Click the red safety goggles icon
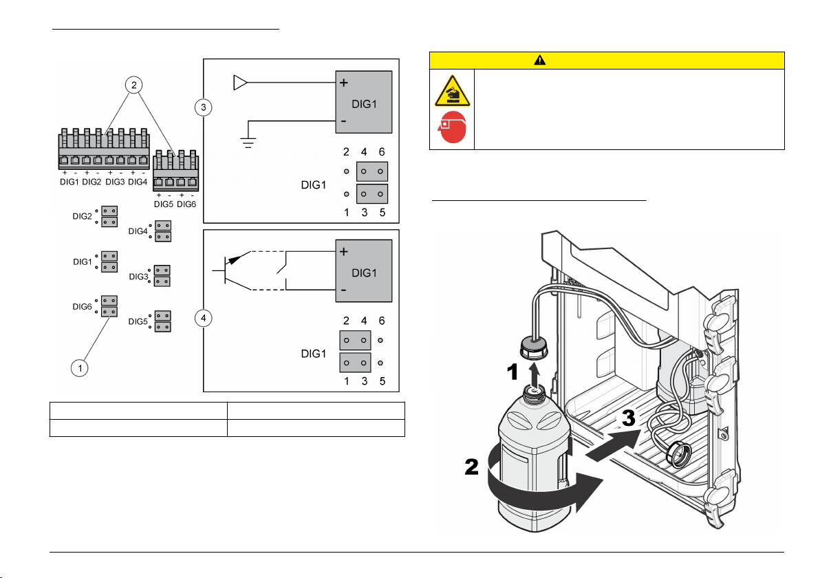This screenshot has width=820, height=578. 452,128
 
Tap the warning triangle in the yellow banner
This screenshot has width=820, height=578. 539,60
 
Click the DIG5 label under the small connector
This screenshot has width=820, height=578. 162,204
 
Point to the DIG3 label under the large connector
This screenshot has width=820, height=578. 115,182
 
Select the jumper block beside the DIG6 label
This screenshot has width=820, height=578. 109,306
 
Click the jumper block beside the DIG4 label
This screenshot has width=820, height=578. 164,231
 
